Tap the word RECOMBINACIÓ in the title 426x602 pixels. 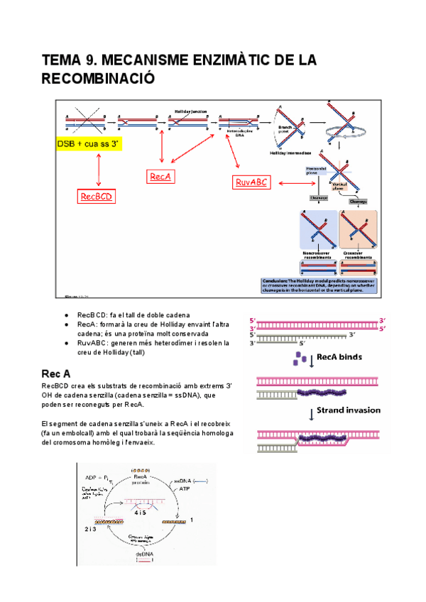click(98, 78)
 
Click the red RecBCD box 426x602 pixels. click(97, 196)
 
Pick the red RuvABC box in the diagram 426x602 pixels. click(252, 182)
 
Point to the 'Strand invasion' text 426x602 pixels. click(349, 410)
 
